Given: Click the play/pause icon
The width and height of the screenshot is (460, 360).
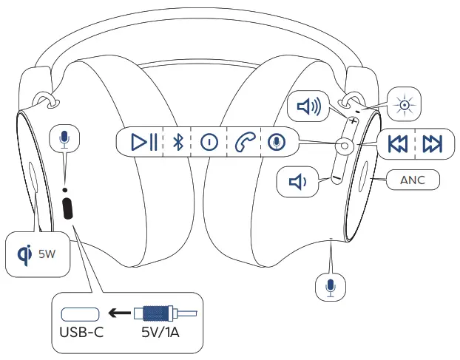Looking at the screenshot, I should pos(143,142).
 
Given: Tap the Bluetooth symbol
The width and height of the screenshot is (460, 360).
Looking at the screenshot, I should pos(177,142).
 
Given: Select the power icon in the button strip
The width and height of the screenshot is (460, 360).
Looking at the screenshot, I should pos(209,142).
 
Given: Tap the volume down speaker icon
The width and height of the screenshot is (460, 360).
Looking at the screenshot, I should pos(297,181).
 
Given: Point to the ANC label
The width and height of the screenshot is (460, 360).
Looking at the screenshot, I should pos(412,180).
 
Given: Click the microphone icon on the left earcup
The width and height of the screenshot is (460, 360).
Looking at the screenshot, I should pos(65,138).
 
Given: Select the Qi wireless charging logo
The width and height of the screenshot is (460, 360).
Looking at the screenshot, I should pos(24,254).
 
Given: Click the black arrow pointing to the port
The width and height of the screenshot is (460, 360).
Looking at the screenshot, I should pos(118,313).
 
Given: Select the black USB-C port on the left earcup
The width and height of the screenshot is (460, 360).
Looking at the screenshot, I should pos(68,208).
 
